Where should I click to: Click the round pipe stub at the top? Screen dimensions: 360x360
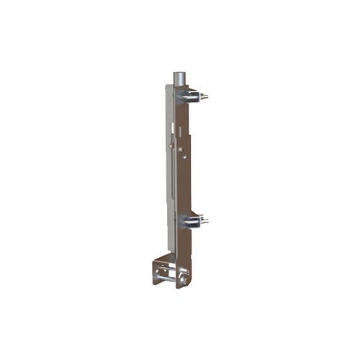pos(178,78)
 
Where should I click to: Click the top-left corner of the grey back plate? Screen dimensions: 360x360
pos(166,86)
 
